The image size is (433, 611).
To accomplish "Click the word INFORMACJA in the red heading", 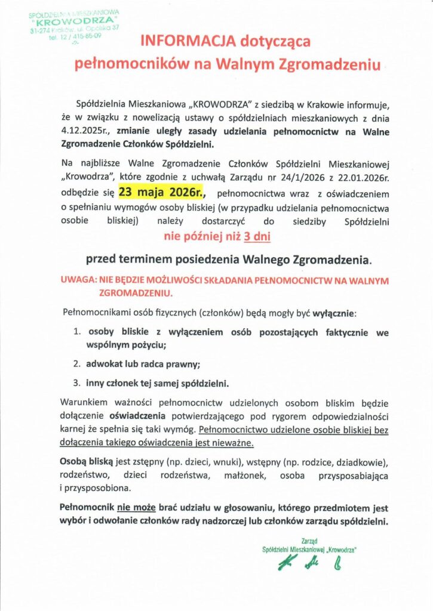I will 185,41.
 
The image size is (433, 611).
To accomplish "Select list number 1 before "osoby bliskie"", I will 76,332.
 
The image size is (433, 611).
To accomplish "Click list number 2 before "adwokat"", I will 76,363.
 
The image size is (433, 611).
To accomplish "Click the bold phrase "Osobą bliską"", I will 84,462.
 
